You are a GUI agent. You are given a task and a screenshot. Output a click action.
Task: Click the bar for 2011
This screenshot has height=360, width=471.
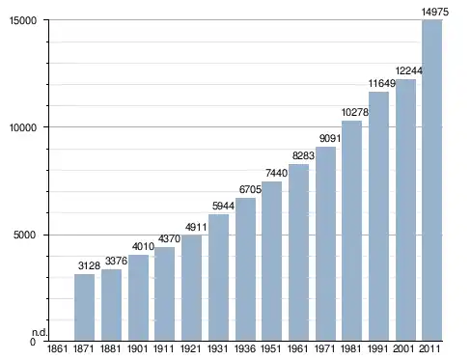pos(432,180)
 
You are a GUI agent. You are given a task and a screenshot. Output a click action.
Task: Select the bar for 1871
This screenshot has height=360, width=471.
pos(84,307)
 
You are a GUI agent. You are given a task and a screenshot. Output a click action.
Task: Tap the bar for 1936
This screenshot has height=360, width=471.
pos(245,269)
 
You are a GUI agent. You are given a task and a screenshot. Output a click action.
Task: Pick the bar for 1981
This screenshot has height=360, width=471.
pos(351,231)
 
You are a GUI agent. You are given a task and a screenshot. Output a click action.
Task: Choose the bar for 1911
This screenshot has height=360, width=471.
pos(164,294)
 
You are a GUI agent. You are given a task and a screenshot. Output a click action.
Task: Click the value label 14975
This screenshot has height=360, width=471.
pos(435,13)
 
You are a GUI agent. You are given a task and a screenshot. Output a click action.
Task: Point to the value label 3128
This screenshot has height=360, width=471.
pos(89,265)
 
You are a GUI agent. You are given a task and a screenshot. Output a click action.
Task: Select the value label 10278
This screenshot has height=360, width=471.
pos(355,112)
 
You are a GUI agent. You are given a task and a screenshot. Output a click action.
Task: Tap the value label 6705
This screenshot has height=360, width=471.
pos(250,189)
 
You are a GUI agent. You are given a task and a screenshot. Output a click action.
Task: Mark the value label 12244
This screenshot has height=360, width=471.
pos(408,70)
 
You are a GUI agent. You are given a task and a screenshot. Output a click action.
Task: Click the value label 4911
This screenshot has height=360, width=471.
pos(196,227)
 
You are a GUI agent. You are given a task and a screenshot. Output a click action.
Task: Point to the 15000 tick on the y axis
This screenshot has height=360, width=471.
pos(23,20)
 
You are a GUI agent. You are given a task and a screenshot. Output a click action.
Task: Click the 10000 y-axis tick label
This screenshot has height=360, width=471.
pos(23,127)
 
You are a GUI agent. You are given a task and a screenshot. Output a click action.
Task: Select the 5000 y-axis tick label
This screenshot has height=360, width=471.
pos(25,235)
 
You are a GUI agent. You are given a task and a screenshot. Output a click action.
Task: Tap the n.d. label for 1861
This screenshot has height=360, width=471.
pos(40,333)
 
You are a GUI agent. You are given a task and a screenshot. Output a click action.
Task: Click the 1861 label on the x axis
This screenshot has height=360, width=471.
pos(57,348)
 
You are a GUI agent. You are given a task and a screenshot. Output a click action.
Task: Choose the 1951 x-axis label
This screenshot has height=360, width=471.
pos(271,348)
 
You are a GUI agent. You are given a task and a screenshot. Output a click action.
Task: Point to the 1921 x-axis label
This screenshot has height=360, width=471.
pos(191,348)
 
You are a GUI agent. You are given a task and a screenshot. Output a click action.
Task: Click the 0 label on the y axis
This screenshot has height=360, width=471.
pos(33,342)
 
